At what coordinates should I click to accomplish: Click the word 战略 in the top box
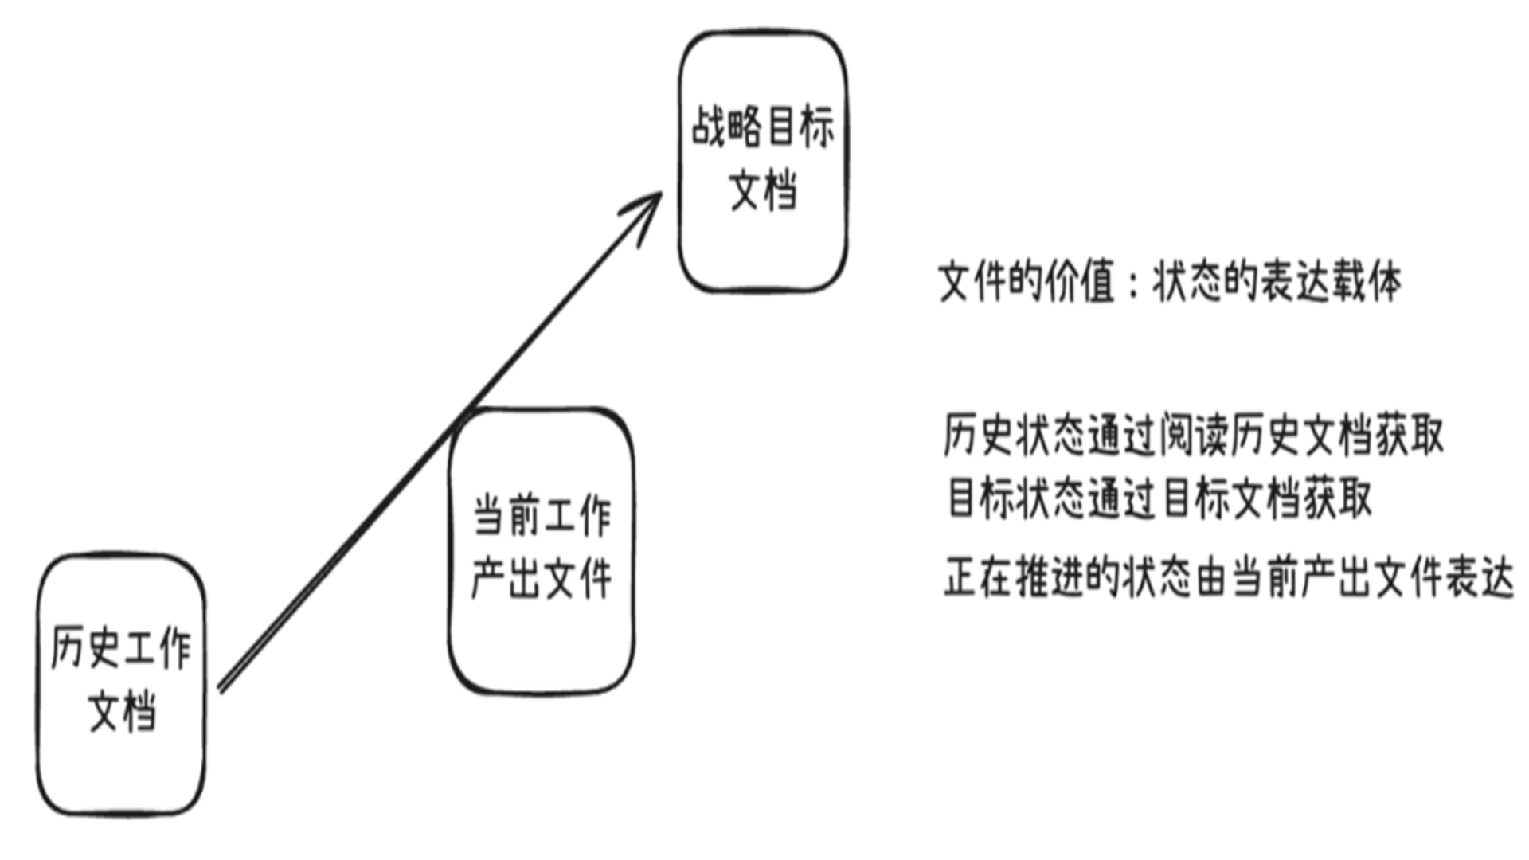tap(725, 127)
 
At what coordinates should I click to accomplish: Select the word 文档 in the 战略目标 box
tap(763, 190)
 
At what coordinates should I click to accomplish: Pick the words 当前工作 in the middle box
tap(542, 515)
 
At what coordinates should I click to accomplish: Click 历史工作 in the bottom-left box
tap(121, 647)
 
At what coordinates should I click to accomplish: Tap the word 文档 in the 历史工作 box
tap(122, 710)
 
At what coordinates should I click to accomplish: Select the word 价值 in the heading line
tap(1080, 281)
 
